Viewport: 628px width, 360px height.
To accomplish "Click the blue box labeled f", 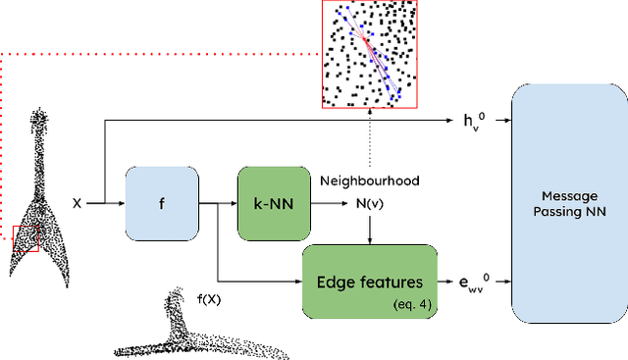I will pyautogui.click(x=162, y=204).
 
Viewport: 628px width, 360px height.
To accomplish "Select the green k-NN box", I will pyautogui.click(x=273, y=204).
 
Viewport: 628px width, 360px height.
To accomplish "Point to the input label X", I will pyautogui.click(x=77, y=204).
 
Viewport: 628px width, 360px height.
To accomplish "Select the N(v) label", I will pyautogui.click(x=369, y=204).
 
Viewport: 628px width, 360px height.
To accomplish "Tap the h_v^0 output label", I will pyautogui.click(x=474, y=122).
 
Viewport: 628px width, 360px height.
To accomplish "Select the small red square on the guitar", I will pyautogui.click(x=25, y=238).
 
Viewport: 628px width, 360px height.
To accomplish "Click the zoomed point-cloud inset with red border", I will pyautogui.click(x=370, y=54).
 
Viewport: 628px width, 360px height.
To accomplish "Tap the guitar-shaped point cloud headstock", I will pyautogui.click(x=40, y=123).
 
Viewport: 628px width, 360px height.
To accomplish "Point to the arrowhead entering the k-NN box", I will pyautogui.click(x=233, y=204).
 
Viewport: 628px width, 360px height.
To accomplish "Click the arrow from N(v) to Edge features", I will pyautogui.click(x=369, y=230).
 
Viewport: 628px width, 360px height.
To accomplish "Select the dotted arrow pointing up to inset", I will pyautogui.click(x=369, y=147).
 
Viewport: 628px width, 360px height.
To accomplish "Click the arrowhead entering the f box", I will pyautogui.click(x=120, y=204).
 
